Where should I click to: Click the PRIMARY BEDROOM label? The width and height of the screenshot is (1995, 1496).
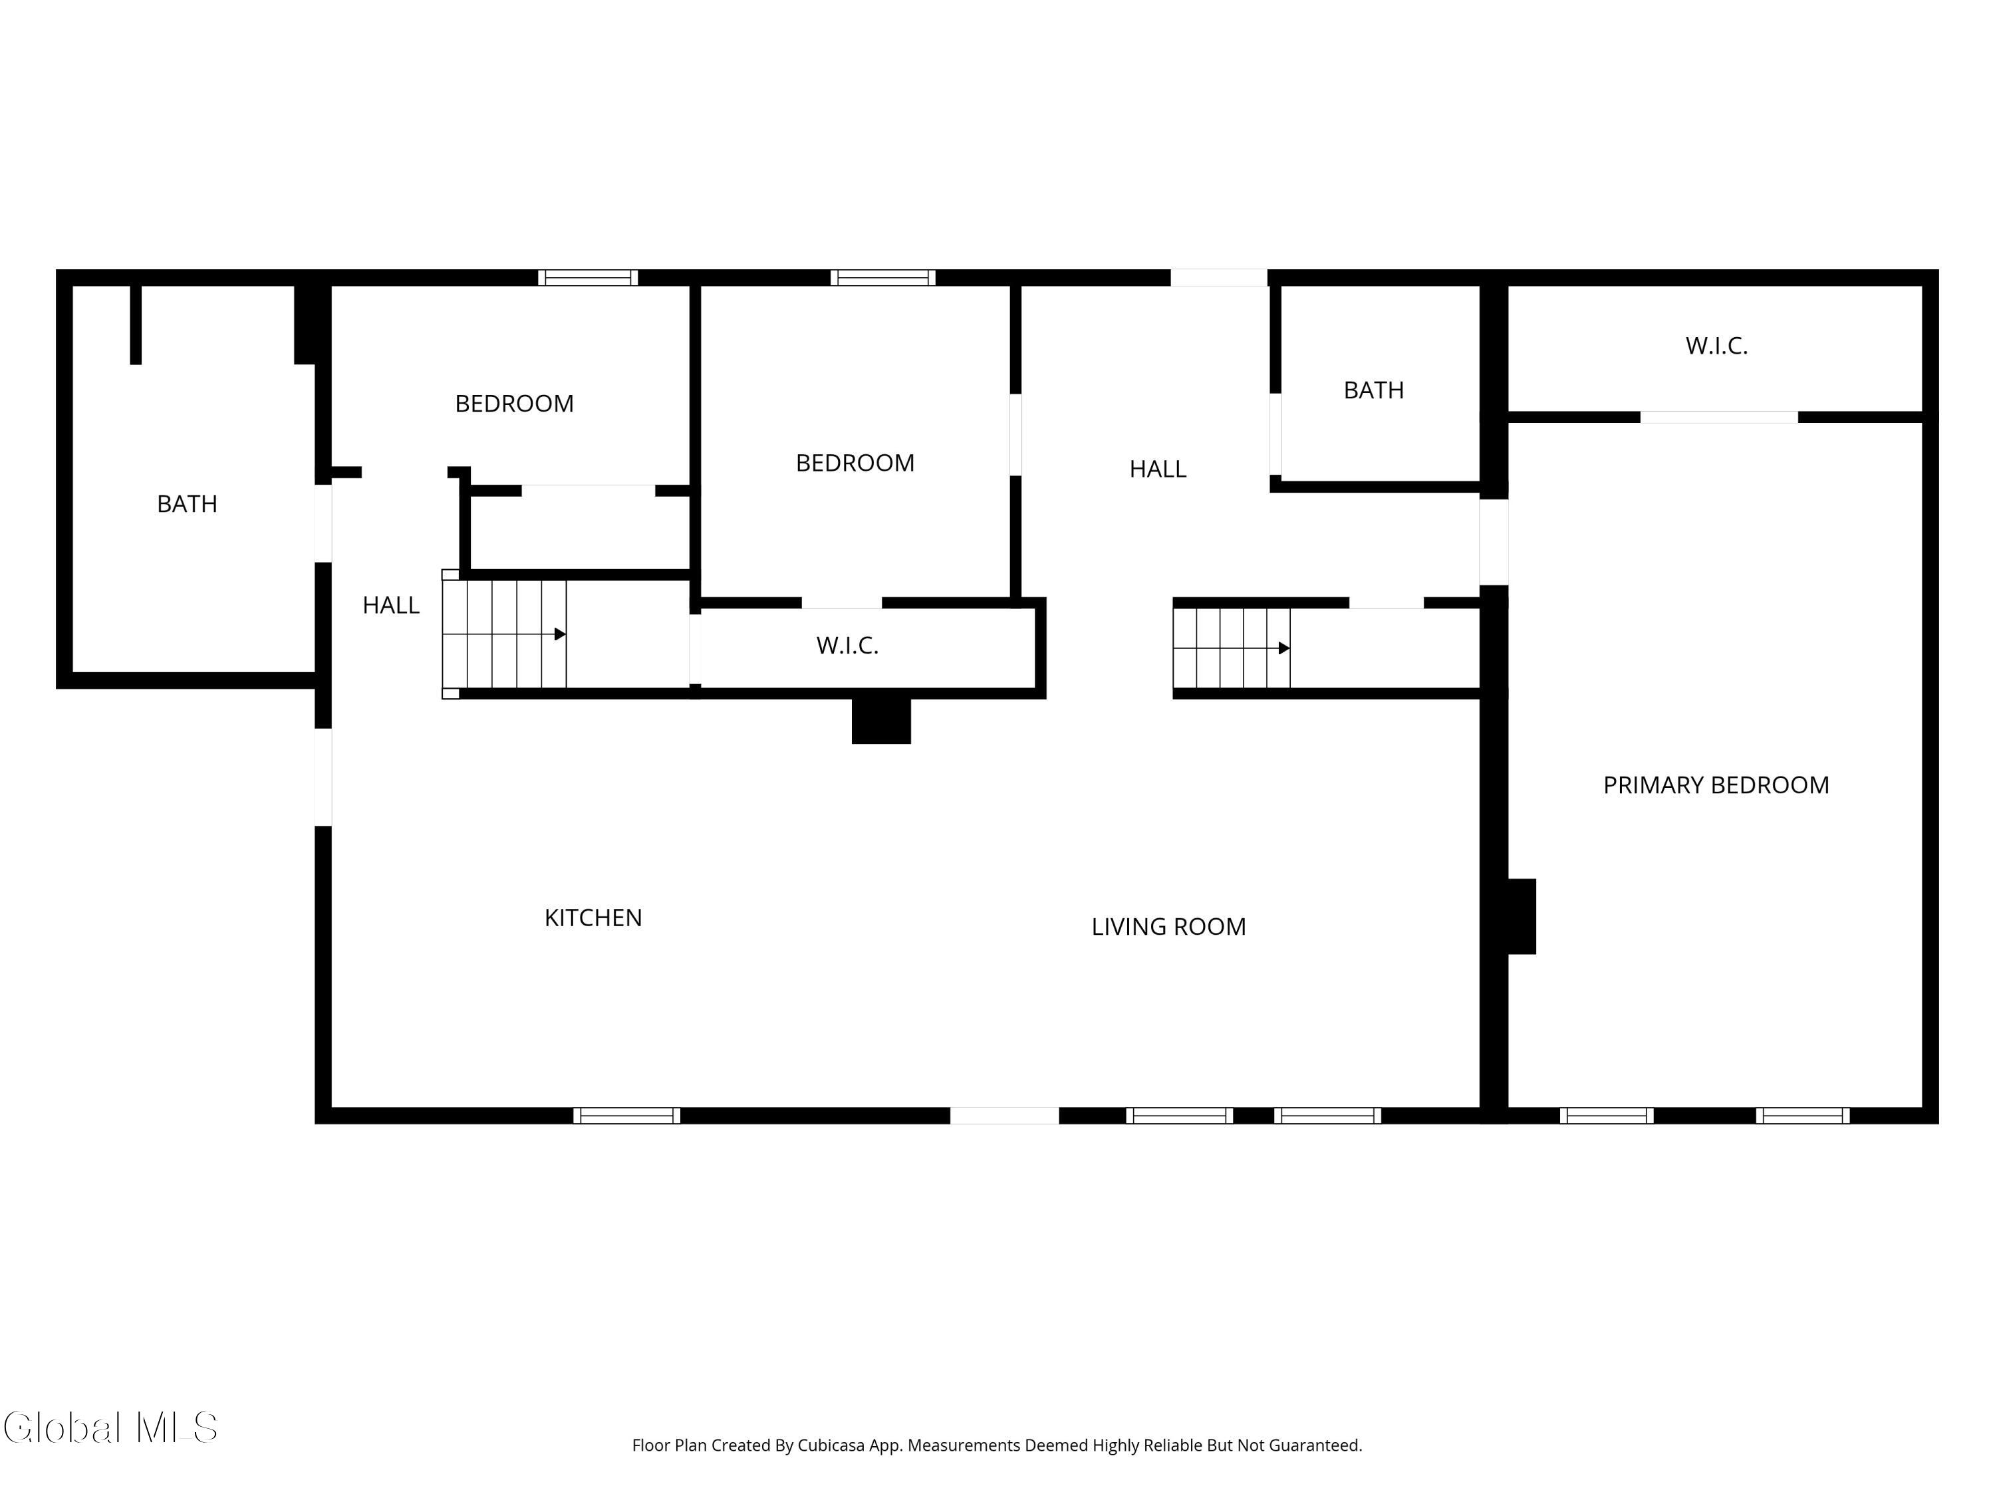coord(1716,785)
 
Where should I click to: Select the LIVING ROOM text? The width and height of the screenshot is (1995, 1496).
coord(1168,927)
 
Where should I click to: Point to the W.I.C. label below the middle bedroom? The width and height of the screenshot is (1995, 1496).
coord(847,646)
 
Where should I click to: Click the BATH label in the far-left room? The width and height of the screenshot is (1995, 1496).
coord(187,504)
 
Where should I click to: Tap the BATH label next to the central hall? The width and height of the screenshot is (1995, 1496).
coord(1373,390)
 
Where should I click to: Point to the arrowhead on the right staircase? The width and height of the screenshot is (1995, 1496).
coord(1283,648)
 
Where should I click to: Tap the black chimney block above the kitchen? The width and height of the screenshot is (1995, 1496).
coord(881,721)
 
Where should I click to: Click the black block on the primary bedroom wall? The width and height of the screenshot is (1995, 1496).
coord(1522,916)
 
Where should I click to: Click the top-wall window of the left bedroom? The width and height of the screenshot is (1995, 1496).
coord(588,278)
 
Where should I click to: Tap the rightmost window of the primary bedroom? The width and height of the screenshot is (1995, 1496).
coord(1802,1116)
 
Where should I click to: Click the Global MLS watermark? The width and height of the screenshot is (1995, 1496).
coord(110,1428)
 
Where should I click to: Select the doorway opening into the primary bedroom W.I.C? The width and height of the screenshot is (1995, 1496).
coord(1718,418)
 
